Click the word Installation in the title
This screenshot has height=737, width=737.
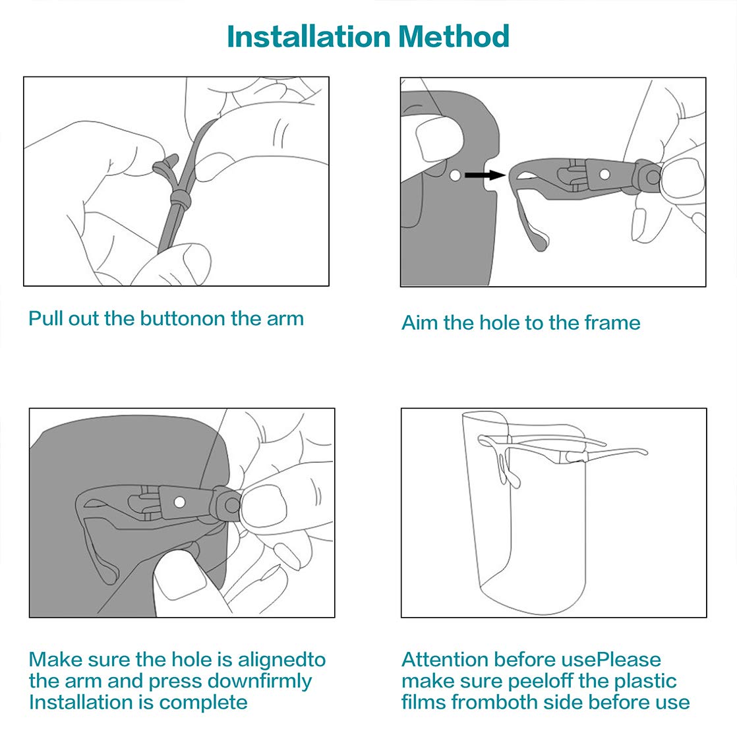309,37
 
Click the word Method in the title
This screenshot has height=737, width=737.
454,37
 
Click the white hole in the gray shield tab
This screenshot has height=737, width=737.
454,175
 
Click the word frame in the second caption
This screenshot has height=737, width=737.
612,323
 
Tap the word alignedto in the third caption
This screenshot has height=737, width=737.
281,661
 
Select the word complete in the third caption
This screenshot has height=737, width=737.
203,703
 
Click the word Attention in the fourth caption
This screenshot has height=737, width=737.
445,659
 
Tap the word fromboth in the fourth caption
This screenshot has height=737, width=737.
495,703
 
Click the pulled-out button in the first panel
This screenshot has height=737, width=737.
166,163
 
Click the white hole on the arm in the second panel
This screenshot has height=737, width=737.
605,175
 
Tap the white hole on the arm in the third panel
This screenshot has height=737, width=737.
179,502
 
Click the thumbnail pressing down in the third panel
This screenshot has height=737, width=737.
180,579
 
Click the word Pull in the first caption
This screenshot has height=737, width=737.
45,318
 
